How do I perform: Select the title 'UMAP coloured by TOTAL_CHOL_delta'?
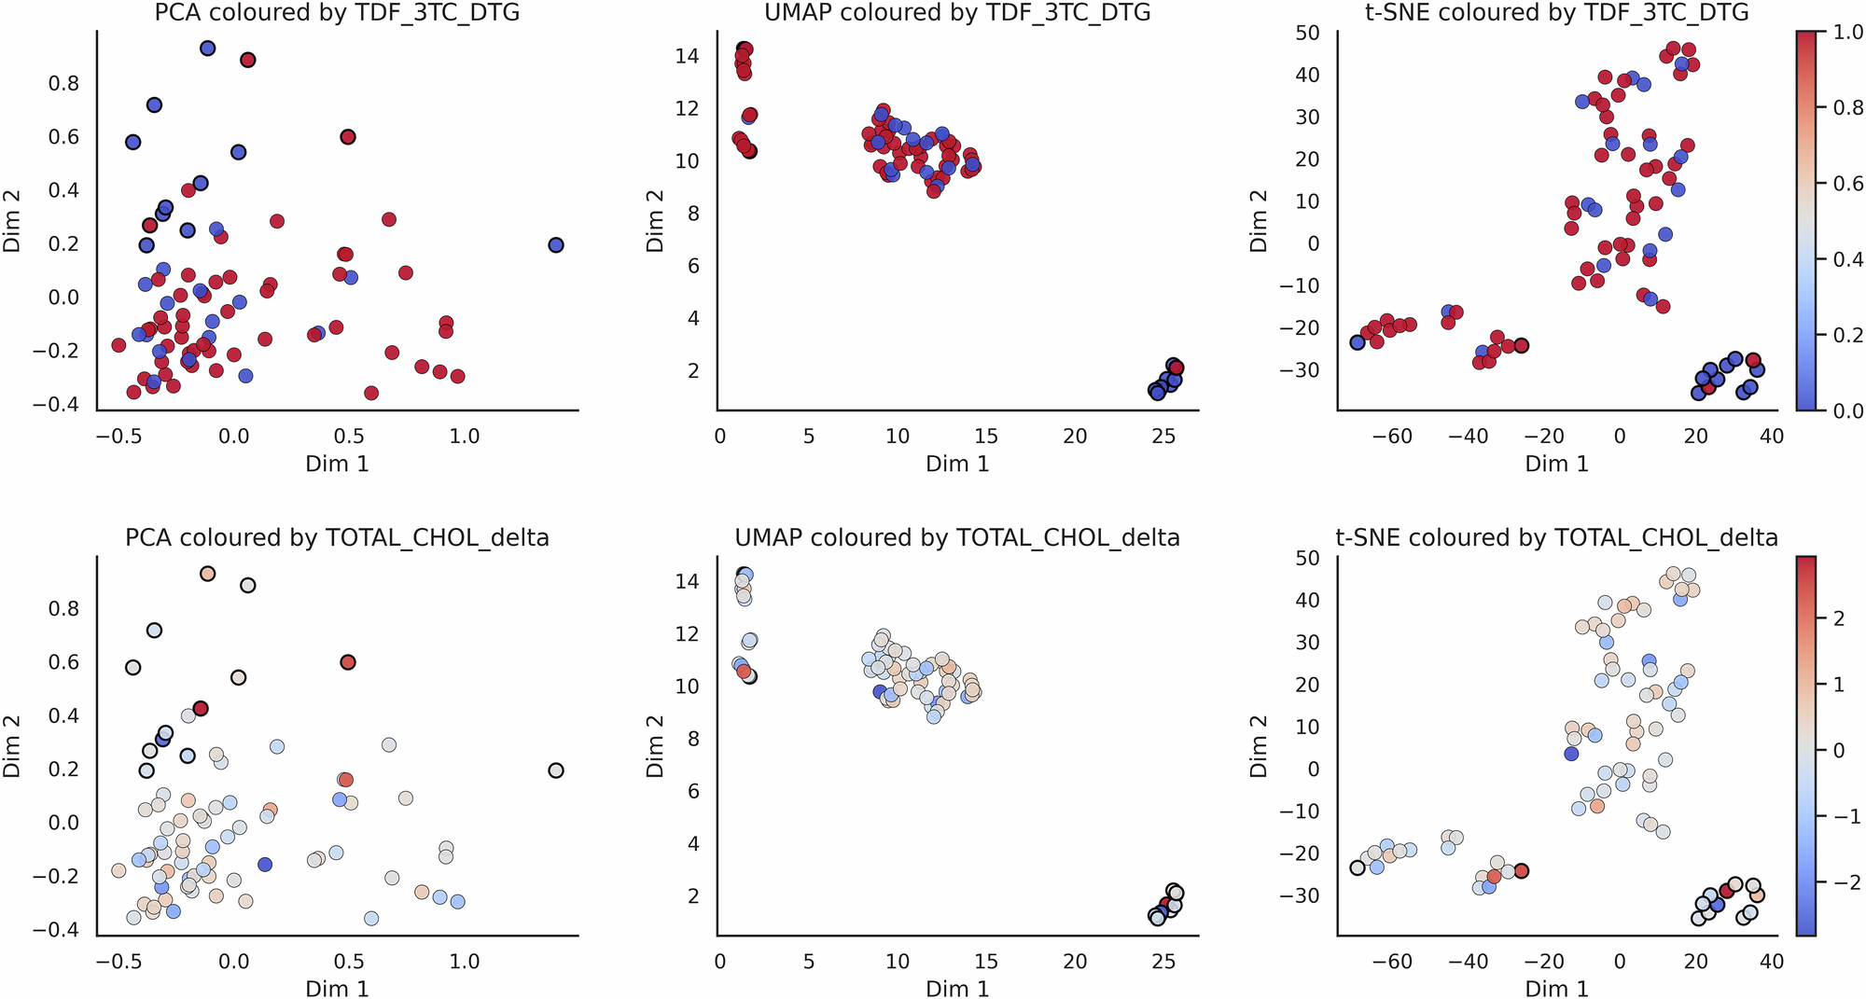pyautogui.click(x=957, y=538)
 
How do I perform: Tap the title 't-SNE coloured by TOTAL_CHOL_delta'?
pyautogui.click(x=1556, y=538)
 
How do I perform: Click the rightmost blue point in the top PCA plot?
pyautogui.click(x=556, y=245)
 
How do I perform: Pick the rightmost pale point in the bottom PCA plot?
pyautogui.click(x=556, y=770)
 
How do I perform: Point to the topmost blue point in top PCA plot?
pyautogui.click(x=208, y=49)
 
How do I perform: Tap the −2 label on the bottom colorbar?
pyautogui.click(x=1845, y=882)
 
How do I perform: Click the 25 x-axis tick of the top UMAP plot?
pyautogui.click(x=1164, y=436)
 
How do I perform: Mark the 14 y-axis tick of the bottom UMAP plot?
pyautogui.click(x=687, y=581)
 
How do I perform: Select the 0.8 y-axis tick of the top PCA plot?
pyautogui.click(x=63, y=84)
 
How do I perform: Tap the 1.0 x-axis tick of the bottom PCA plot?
pyautogui.click(x=464, y=961)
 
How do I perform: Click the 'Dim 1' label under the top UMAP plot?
pyautogui.click(x=957, y=464)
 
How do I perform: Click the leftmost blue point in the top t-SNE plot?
pyautogui.click(x=1358, y=342)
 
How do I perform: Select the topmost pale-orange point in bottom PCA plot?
pyautogui.click(x=208, y=574)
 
